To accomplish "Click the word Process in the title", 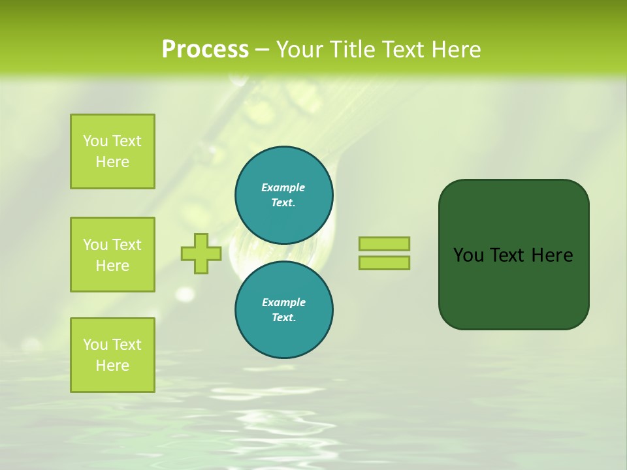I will [x=205, y=50].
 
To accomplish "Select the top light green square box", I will [x=112, y=151].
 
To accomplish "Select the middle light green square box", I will [x=112, y=255].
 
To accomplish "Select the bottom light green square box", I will [x=112, y=355].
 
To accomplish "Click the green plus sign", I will [x=201, y=253].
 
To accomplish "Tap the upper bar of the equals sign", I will [x=384, y=243].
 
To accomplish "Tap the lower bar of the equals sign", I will [x=384, y=263].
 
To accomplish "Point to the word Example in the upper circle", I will [x=283, y=187].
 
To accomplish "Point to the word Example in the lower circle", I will [x=283, y=302].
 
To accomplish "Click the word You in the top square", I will [x=95, y=141].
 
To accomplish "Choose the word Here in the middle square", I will [x=112, y=266].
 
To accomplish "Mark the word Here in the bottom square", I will [x=112, y=366].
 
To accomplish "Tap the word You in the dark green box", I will [x=468, y=255].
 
